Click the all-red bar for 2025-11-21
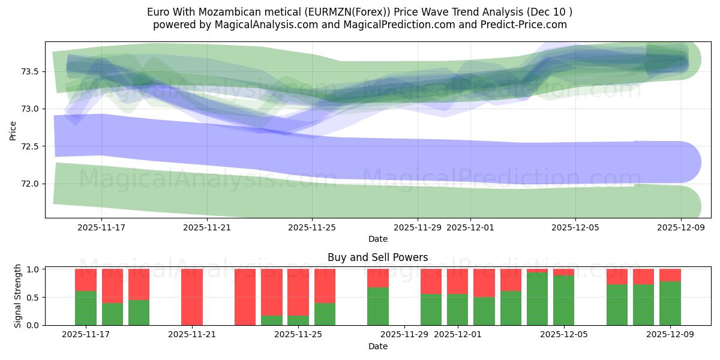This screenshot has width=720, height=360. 192,297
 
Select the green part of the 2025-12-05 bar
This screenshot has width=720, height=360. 563,301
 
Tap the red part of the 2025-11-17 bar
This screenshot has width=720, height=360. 86,280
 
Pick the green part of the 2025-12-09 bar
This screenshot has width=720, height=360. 670,304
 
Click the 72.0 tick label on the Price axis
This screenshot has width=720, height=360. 30,184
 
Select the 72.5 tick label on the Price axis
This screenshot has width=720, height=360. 30,146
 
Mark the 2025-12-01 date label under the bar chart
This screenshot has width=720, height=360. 458,335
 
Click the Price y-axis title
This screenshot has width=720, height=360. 13,130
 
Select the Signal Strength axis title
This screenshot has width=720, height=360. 18,296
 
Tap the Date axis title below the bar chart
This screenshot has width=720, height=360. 378,346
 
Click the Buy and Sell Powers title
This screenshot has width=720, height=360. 378,257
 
